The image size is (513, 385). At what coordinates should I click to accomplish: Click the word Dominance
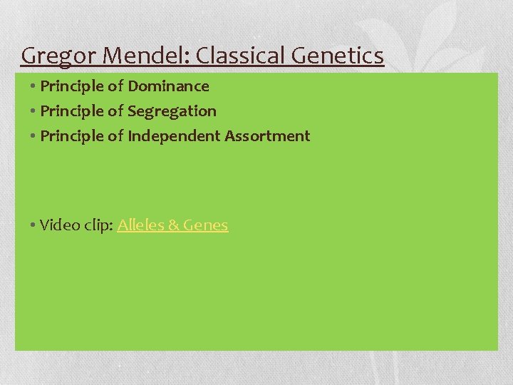(x=168, y=86)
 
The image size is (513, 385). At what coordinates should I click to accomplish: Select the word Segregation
(x=172, y=111)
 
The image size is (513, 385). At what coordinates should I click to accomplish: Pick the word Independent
(x=174, y=136)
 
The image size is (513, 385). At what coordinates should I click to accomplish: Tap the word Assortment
(x=267, y=136)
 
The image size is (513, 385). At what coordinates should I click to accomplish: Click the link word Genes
(x=206, y=225)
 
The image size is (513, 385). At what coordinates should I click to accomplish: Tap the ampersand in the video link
(x=174, y=225)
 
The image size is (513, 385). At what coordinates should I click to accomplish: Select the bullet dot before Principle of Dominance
(x=33, y=87)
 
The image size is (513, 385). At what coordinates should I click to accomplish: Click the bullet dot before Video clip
(x=33, y=226)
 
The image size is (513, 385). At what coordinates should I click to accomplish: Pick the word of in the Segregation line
(x=115, y=111)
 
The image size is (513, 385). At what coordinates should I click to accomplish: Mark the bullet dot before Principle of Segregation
(x=33, y=112)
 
